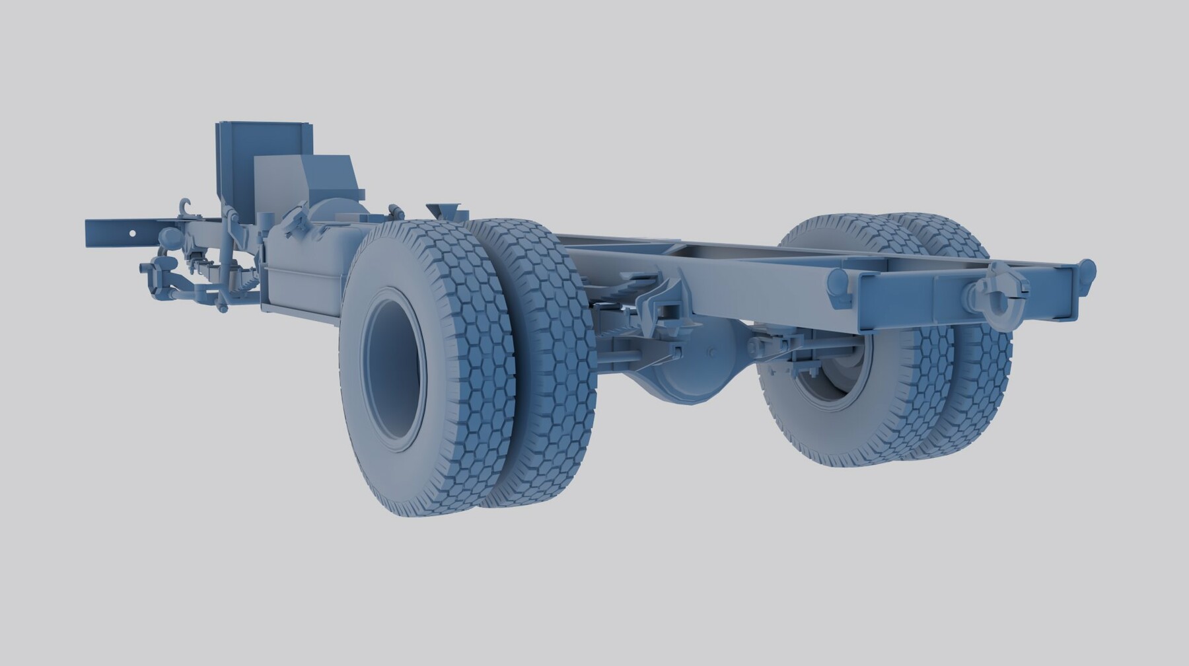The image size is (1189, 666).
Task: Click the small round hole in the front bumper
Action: pos(132,233)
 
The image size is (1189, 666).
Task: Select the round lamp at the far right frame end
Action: pos(1087,271)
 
